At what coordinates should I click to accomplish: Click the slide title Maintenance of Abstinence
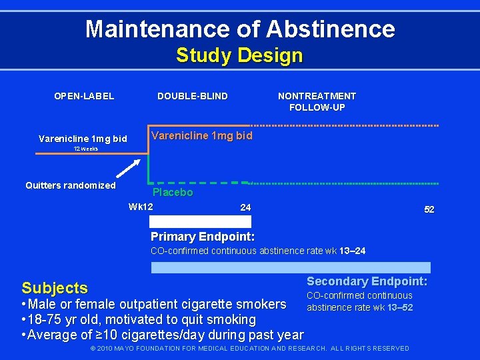tap(240, 29)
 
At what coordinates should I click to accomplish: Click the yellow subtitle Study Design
tap(239, 55)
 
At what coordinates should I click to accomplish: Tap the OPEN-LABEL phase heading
tap(84, 96)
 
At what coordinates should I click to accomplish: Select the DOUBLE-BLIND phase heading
tap(193, 96)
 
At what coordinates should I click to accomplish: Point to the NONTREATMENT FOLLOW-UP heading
tap(317, 101)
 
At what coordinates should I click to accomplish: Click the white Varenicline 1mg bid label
tap(83, 139)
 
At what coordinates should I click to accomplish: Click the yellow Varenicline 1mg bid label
tap(202, 135)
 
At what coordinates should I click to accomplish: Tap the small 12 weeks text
tap(85, 149)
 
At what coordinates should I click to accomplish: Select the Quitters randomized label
tap(71, 185)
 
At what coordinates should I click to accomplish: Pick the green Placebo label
tap(173, 193)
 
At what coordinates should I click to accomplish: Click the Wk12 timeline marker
tap(141, 206)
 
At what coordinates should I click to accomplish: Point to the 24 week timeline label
tap(245, 207)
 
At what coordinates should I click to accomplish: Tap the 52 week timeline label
tap(429, 209)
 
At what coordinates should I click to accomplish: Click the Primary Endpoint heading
tap(203, 237)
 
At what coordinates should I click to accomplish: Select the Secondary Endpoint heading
tap(367, 282)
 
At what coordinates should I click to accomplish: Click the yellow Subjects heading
tap(55, 288)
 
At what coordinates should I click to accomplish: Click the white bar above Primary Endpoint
tap(201, 222)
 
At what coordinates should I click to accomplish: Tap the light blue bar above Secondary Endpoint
tap(291, 267)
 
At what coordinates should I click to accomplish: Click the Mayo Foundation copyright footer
tap(250, 349)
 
